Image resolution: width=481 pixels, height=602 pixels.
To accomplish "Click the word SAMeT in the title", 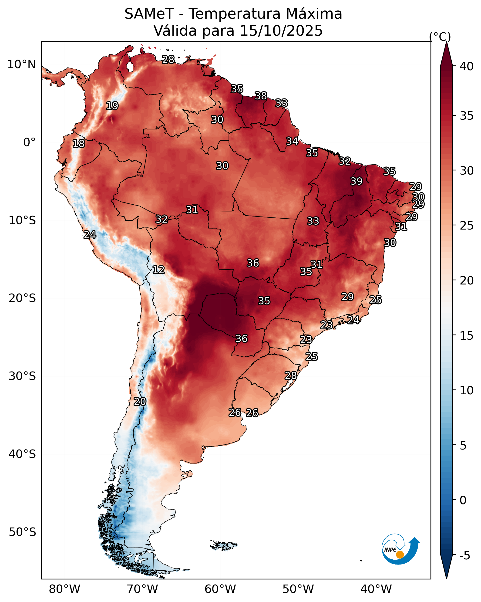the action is (149, 14).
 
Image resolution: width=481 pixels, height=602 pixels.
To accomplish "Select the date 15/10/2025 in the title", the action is (281, 31).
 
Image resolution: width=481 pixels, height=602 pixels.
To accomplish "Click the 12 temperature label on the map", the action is (158, 270).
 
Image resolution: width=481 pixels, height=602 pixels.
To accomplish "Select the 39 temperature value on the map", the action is (357, 181).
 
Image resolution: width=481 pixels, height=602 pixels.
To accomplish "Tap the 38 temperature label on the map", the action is (261, 96).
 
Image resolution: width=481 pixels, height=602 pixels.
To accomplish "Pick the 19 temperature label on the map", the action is (112, 106).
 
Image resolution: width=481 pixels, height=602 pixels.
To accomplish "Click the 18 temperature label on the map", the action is (78, 144).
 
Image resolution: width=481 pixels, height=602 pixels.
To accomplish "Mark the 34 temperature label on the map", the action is (292, 141).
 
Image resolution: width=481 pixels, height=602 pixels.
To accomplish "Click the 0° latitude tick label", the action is (30, 142).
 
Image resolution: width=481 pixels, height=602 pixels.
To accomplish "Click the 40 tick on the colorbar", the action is (467, 66).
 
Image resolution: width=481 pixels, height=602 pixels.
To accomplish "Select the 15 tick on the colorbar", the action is (467, 336).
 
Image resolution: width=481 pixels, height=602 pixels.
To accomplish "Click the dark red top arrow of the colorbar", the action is (446, 56).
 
